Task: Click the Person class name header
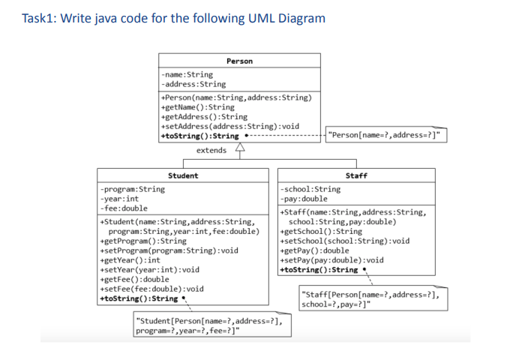click(239, 61)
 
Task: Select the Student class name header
click(183, 175)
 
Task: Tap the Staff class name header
click(356, 175)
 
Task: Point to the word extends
click(211, 151)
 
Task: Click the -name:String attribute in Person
click(187, 74)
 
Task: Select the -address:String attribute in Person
click(193, 84)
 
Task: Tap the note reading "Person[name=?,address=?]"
click(384, 136)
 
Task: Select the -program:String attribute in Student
click(132, 189)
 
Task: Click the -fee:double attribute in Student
click(123, 208)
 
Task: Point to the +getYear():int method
click(130, 259)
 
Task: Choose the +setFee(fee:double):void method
click(151, 289)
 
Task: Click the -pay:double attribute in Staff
click(303, 199)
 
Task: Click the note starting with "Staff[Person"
click(370, 299)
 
